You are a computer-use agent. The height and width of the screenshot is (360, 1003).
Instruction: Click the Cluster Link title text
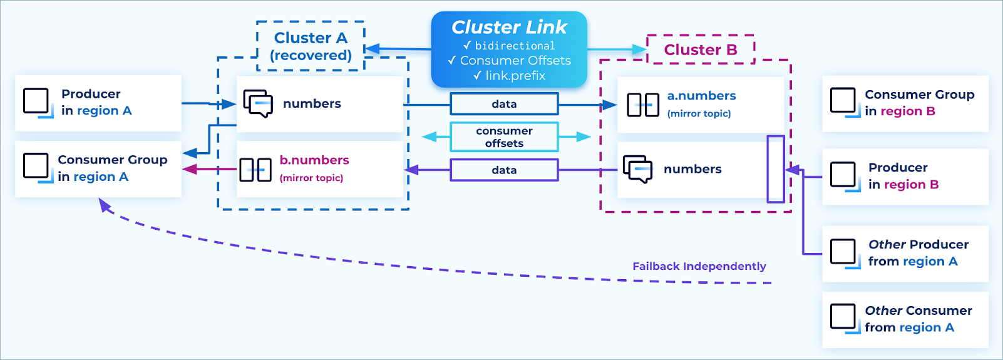pos(509,27)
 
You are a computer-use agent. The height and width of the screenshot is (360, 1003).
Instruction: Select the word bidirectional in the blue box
pos(515,46)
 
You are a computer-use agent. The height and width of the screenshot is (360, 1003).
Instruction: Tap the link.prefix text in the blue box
pos(515,76)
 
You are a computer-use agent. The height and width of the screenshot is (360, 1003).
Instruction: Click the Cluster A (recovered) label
pos(311,46)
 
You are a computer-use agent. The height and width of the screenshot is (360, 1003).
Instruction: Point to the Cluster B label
pos(700,49)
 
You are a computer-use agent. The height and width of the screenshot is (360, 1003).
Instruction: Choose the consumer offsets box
pos(504,137)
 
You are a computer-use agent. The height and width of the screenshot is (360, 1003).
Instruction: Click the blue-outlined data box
pos(504,104)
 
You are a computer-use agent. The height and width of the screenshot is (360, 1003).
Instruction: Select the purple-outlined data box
pos(504,170)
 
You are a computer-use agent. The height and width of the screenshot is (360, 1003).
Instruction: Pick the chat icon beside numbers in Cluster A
pos(257,103)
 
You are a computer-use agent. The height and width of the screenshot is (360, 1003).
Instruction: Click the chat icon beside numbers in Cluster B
pos(637,169)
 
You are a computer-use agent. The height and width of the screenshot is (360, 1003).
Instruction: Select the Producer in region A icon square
pos(36,101)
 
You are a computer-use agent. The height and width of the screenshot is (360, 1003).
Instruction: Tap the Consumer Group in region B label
pos(919,103)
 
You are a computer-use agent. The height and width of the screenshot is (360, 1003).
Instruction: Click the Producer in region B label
pos(903,176)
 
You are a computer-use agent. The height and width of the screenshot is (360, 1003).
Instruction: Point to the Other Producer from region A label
pos(917,253)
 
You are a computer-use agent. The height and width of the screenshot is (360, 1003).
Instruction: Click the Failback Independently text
pos(699,266)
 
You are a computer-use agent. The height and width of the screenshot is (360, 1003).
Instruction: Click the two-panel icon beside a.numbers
pos(643,105)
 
